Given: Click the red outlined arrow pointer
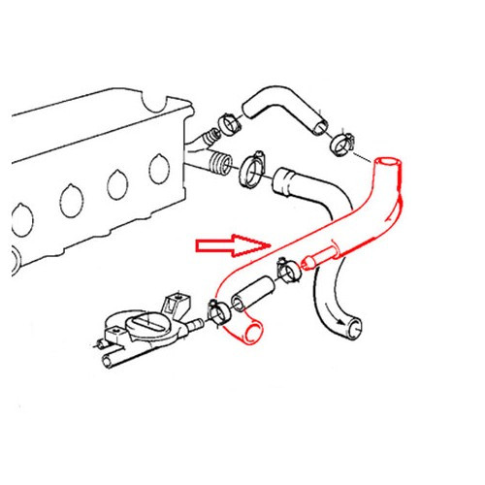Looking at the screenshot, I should click(231, 245).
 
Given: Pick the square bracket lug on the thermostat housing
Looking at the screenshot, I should click(176, 302).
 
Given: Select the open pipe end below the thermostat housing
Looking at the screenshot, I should click(110, 362).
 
